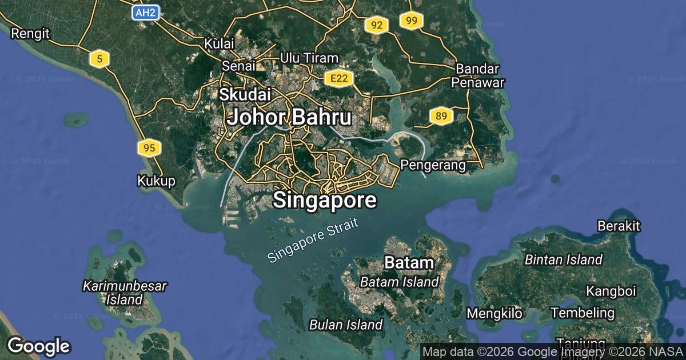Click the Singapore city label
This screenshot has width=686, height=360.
coord(325,201)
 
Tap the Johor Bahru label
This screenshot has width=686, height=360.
coord(289,118)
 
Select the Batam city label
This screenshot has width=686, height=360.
coord(409,263)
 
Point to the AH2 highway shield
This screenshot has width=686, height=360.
coord(145,13)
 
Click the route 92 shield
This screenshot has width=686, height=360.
coord(376,25)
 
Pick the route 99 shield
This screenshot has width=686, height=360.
coord(411,21)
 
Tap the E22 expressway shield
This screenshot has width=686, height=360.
coord(338,78)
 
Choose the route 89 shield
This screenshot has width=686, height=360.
coord(441,117)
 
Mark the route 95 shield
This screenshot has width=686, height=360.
coord(149,149)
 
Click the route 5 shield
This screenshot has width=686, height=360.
coord(99,58)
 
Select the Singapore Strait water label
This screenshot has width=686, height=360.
coord(313,241)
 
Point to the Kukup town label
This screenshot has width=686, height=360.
coord(155,181)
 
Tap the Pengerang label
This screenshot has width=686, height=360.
coord(433,165)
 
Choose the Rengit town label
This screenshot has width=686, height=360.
coord(30,33)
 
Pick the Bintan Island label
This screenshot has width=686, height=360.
coord(563,260)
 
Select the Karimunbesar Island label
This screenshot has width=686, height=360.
coord(125,292)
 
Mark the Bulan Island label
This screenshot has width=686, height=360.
coord(345,325)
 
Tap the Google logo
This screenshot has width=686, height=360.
coord(38,346)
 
